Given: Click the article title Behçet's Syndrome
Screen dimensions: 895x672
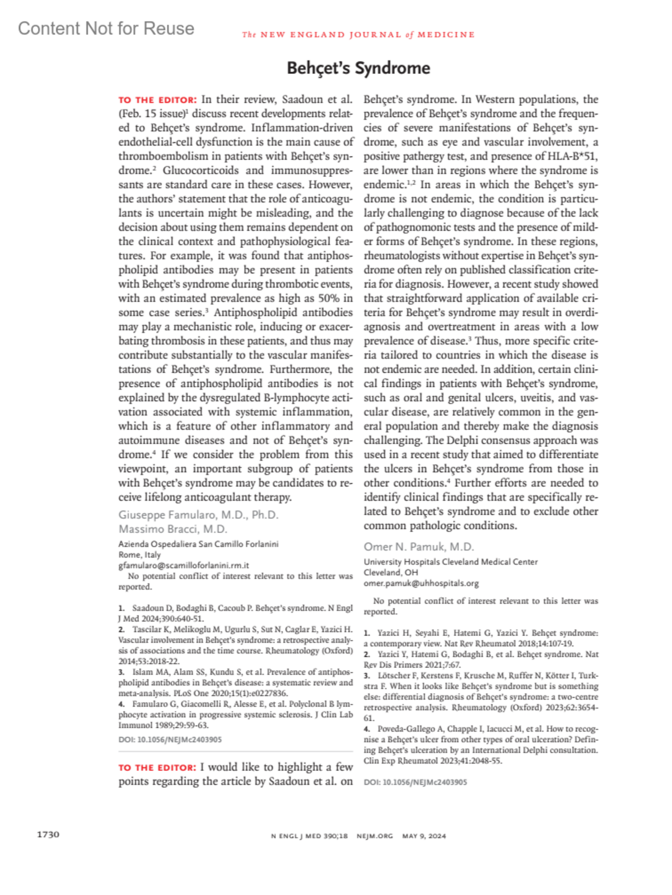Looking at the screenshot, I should pos(358,68).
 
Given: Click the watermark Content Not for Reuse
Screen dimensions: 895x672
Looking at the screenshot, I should pos(106,29).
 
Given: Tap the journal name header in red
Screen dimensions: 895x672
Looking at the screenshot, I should pos(358,35).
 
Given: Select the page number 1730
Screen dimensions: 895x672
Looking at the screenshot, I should pos(48,835).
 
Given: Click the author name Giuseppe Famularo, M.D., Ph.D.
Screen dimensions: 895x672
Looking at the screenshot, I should pos(198,515).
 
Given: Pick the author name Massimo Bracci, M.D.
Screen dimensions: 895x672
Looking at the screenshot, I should pos(172,529).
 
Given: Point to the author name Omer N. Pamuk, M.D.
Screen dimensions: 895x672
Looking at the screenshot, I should pos(419,547).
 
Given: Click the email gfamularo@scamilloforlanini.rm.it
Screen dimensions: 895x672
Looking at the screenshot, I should pos(184,566).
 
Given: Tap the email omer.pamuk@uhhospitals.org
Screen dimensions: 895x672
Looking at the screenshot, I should pos(421,583).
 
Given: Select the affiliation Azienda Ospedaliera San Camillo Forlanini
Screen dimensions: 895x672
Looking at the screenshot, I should pos(198,544).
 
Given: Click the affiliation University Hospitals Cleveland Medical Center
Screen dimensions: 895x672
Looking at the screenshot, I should pos(451,562).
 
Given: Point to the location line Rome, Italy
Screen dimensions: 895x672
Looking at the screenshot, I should pos(139,555).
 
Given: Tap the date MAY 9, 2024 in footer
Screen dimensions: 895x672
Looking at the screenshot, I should pos(424,836).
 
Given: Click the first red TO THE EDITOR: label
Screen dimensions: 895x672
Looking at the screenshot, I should pos(157,100).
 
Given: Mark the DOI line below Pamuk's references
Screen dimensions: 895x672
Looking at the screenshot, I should pos(416,783).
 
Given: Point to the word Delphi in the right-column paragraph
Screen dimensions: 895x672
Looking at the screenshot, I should pos(469,440).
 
